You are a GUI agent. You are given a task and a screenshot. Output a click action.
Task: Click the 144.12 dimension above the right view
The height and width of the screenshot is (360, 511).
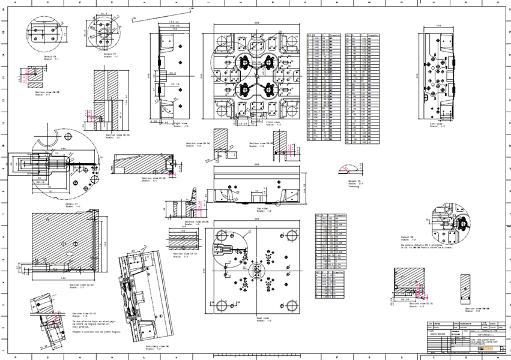174,23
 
